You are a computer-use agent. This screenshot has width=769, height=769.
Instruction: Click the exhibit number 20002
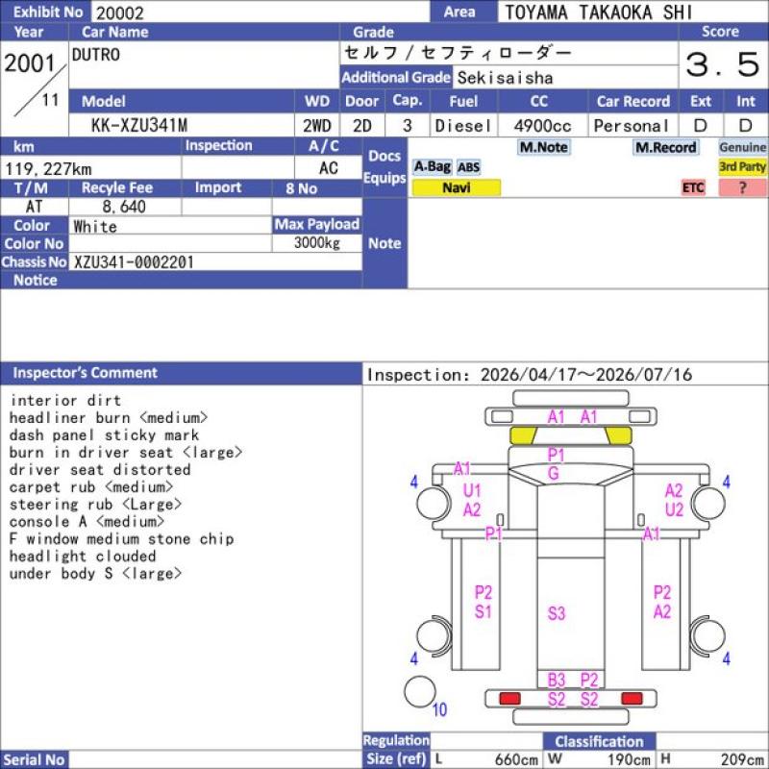[x=119, y=12]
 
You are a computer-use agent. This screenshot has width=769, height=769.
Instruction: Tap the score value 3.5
[x=723, y=64]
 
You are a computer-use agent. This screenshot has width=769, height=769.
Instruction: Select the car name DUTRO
[x=95, y=55]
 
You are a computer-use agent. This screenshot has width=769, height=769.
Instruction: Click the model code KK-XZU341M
[x=139, y=126]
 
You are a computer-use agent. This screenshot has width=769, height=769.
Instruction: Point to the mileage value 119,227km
[x=48, y=169]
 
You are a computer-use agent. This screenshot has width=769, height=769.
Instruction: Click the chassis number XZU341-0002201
[x=134, y=262]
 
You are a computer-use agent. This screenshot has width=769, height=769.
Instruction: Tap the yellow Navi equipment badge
[x=456, y=187]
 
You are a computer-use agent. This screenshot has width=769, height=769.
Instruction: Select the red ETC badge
[x=693, y=187]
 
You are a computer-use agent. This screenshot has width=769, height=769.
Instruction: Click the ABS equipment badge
[x=468, y=167]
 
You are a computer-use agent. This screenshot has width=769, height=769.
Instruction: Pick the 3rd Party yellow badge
[x=742, y=166]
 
